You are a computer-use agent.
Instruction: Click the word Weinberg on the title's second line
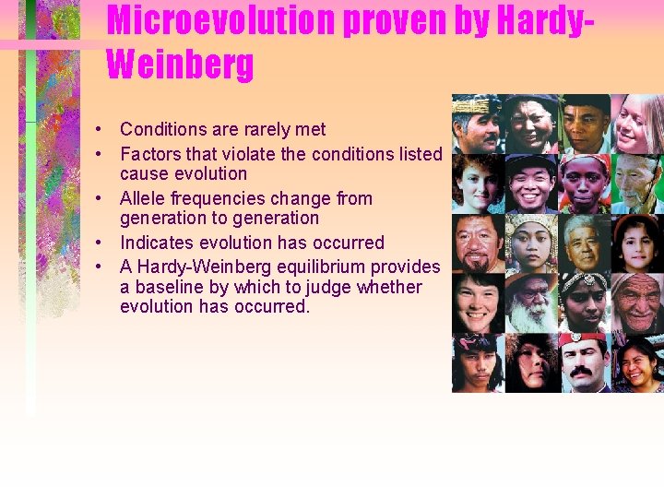pyautogui.click(x=180, y=65)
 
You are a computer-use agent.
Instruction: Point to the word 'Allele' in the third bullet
pyautogui.click(x=144, y=198)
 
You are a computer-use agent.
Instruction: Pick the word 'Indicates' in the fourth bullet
pyautogui.click(x=157, y=243)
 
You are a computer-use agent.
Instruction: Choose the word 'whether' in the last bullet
pyautogui.click(x=388, y=287)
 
